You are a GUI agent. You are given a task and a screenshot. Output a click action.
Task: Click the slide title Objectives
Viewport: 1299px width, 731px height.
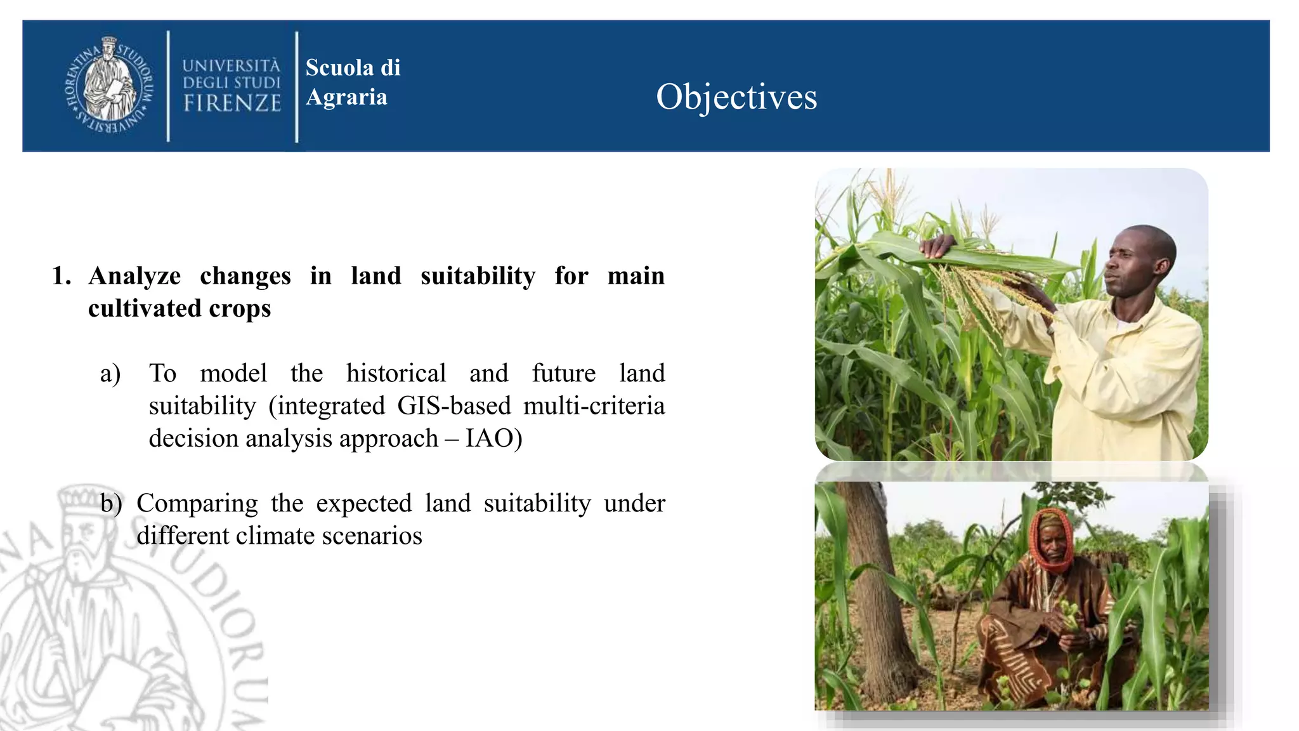(x=736, y=97)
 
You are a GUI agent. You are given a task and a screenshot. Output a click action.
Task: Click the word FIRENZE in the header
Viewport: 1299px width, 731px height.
(x=232, y=103)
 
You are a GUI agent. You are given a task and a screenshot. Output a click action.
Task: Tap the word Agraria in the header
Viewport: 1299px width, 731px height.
(x=346, y=97)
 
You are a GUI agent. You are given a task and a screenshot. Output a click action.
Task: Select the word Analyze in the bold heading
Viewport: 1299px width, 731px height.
(x=134, y=276)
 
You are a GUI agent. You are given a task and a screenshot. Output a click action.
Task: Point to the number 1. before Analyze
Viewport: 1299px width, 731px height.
(x=62, y=276)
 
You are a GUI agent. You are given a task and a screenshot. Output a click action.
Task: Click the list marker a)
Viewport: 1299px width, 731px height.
(x=110, y=374)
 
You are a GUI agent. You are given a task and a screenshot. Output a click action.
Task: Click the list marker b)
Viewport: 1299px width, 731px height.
(x=111, y=504)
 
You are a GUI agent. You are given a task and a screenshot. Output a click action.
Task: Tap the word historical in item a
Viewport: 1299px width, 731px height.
(x=396, y=373)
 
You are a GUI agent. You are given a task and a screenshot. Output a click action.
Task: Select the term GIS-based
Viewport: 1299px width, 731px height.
(x=454, y=406)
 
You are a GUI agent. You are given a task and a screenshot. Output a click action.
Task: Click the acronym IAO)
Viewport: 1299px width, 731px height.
(x=493, y=438)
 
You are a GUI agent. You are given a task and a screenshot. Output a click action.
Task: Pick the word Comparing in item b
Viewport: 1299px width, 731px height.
(x=197, y=504)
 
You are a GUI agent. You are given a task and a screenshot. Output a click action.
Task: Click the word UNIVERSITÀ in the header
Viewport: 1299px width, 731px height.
(x=231, y=66)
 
